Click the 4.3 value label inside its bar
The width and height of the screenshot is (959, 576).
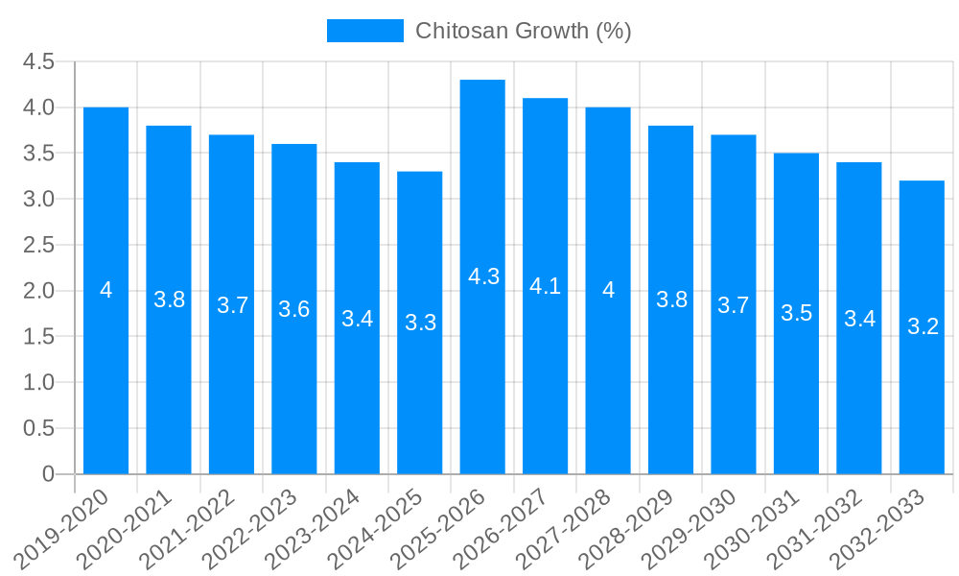[x=483, y=276]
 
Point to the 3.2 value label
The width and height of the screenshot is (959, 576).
[x=923, y=326]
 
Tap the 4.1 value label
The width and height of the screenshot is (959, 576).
[x=545, y=285]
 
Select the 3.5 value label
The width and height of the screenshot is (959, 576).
[x=796, y=313]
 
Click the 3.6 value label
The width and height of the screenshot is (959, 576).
[x=293, y=309]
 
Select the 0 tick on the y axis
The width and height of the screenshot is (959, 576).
[x=49, y=474]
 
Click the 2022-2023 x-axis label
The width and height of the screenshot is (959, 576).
[x=251, y=529]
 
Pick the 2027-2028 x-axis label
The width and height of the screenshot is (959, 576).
[x=565, y=529]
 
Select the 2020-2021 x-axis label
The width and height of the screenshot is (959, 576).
[x=126, y=529]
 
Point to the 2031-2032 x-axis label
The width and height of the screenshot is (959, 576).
[x=816, y=529]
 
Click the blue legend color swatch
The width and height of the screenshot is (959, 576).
[x=364, y=31]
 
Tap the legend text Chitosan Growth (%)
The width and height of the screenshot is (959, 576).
[x=523, y=31]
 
